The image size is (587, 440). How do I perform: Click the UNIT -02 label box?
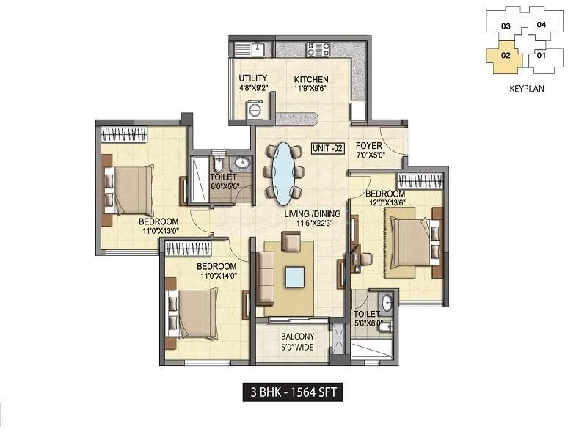pos(327,147)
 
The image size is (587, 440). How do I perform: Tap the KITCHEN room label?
pos(311,80)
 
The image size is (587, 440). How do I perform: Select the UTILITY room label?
pos(253,78)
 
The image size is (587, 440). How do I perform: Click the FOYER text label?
pos(369,145)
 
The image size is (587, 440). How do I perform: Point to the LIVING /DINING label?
pos(313,213)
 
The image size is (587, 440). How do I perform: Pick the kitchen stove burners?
pos(318,50)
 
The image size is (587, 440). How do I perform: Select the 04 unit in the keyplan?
pos(542,24)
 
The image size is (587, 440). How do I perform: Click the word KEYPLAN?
pos(527,88)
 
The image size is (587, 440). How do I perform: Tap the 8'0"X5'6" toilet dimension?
pos(225,187)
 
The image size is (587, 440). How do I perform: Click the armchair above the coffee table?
pos(291,241)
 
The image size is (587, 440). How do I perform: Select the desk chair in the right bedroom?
pos(364,258)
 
